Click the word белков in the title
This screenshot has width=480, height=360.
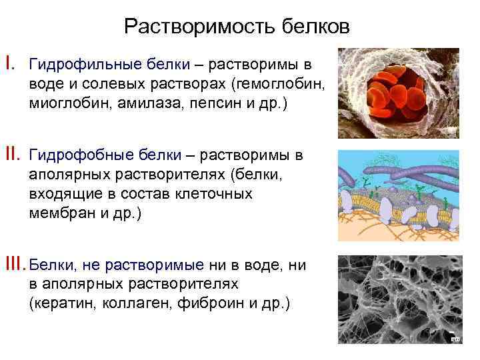click(309, 27)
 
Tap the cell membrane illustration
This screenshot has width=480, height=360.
click(398, 195)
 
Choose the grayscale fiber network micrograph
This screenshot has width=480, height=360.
click(398, 299)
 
